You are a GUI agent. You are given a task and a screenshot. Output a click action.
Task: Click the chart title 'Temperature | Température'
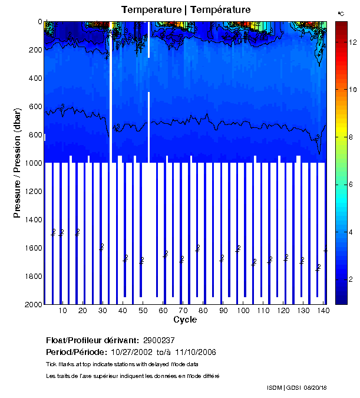coord(186,9)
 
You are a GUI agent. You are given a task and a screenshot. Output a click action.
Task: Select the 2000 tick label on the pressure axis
coord(32,304)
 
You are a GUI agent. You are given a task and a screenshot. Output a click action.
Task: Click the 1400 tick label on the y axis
coord(32,219)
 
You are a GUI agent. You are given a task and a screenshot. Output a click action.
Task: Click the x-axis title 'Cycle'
coord(185,320)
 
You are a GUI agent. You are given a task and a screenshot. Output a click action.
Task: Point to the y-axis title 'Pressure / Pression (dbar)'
coord(18,163)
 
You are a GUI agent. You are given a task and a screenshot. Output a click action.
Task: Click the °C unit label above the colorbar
coord(341,13)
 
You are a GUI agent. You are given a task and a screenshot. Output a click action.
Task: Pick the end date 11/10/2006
coord(196,352)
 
